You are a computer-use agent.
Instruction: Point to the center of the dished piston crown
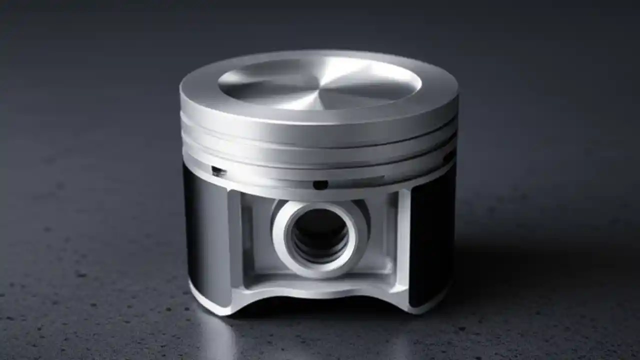click(x=320, y=81)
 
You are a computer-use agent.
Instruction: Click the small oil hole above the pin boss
click(x=320, y=185)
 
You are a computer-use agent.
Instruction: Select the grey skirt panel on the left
click(x=205, y=235)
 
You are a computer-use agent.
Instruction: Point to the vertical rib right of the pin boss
click(x=403, y=240)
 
